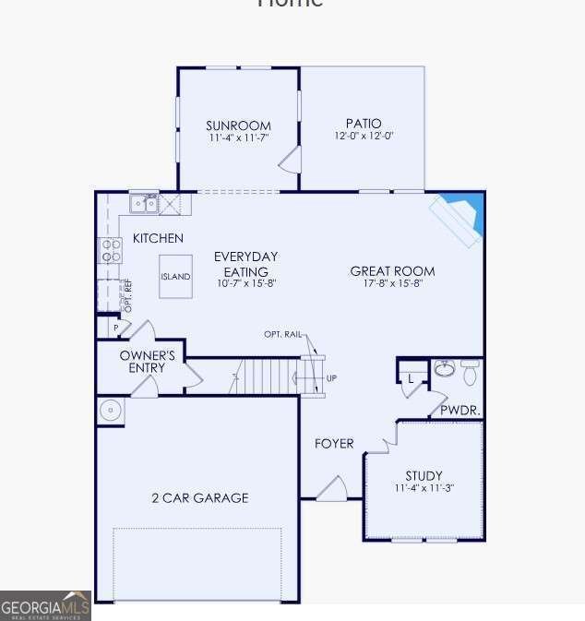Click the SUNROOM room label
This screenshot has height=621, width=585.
tap(238, 126)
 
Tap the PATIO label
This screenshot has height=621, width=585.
tap(364, 124)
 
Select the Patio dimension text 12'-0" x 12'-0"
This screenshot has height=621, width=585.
tap(364, 137)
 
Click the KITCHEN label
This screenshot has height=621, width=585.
tap(158, 238)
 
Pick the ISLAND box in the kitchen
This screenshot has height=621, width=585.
tap(175, 277)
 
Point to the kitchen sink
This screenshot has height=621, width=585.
tap(143, 203)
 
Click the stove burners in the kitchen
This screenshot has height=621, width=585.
tap(111, 250)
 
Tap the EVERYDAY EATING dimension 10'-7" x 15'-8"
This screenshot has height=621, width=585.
tap(246, 284)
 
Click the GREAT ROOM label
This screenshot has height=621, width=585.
tap(392, 271)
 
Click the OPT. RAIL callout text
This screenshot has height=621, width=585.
tap(282, 334)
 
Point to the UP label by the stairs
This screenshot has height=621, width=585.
tap(331, 378)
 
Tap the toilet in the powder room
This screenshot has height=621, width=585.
tap(471, 371)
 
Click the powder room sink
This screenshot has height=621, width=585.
tap(445, 369)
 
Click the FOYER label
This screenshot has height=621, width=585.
tap(334, 444)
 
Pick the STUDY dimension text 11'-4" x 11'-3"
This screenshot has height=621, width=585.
tap(424, 488)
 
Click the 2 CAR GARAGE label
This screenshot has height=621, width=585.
tap(200, 498)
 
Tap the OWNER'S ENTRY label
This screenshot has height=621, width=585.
tap(148, 362)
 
